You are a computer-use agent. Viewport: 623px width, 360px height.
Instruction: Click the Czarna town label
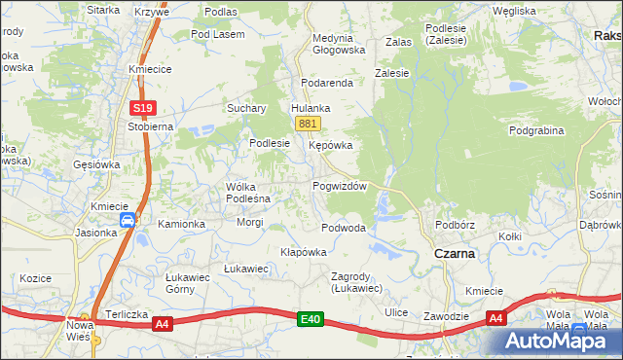click(454, 253)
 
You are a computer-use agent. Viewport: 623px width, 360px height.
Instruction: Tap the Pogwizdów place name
click(339, 186)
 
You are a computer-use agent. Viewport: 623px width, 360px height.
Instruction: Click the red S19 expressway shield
click(142, 108)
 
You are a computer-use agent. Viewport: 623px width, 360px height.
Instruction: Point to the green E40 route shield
click(311, 318)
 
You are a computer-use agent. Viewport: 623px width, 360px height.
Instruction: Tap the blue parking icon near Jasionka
click(128, 222)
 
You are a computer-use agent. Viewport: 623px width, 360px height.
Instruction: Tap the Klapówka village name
click(303, 251)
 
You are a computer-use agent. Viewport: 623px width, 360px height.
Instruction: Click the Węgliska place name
click(514, 11)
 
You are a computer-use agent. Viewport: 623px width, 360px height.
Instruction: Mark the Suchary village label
click(247, 108)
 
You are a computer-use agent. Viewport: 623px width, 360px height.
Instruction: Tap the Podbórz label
click(455, 225)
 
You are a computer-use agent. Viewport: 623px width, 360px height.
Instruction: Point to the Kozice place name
click(35, 277)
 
